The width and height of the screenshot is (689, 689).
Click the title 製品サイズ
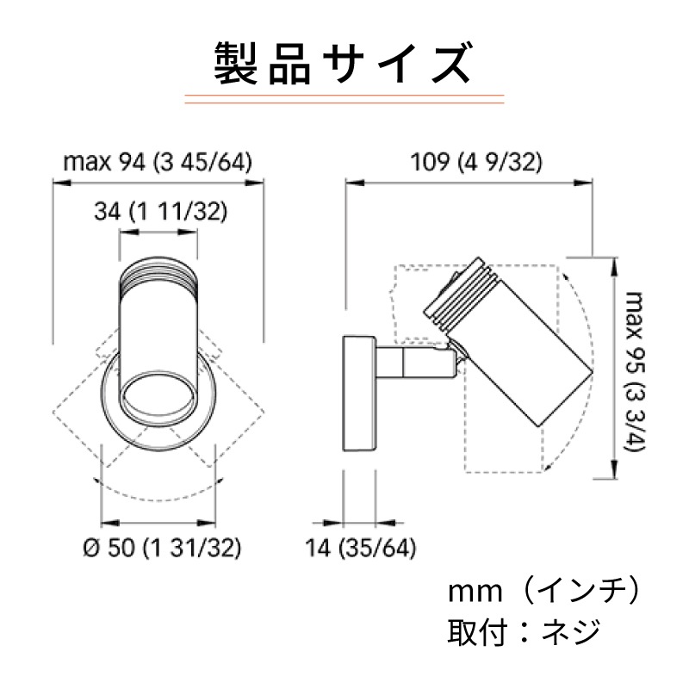tap(344, 62)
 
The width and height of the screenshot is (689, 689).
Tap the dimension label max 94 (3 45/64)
tap(158, 162)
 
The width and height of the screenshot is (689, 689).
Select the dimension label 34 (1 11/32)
tap(158, 213)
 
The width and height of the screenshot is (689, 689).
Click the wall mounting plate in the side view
tap(357, 392)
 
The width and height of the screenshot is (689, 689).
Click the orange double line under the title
tap(344, 97)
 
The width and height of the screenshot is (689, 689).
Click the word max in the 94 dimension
tap(84, 162)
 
